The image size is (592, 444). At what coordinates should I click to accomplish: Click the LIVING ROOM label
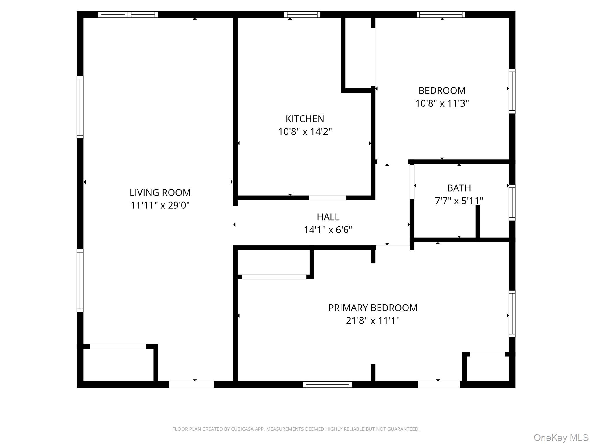(x=160, y=193)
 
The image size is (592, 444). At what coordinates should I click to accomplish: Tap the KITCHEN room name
(x=305, y=119)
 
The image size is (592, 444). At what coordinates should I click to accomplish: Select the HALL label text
(x=328, y=217)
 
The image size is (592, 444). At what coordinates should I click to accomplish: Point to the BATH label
(x=459, y=188)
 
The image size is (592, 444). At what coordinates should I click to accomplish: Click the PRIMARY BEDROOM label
(x=373, y=308)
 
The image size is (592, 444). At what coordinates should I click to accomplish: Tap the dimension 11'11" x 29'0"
(x=160, y=205)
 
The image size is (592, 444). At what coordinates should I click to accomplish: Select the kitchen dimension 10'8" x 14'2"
(x=305, y=132)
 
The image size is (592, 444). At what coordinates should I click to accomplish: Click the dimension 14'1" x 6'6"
(x=328, y=230)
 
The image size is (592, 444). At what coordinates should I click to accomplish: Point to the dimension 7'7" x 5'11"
(x=459, y=201)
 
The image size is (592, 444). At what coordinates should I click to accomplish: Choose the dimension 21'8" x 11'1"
(x=373, y=321)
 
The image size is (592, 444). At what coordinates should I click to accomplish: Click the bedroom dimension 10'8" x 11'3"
(x=442, y=103)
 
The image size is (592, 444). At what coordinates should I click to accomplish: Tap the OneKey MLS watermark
(x=561, y=437)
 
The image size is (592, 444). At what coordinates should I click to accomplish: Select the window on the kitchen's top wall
(x=302, y=14)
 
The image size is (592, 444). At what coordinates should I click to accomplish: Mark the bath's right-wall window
(x=512, y=202)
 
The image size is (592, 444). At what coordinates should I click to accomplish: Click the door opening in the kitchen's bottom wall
(x=328, y=198)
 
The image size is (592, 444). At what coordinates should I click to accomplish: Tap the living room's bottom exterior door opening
(x=191, y=384)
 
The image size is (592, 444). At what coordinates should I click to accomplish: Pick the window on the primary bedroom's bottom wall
(x=327, y=384)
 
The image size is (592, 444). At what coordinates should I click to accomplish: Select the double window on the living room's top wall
(x=128, y=14)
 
